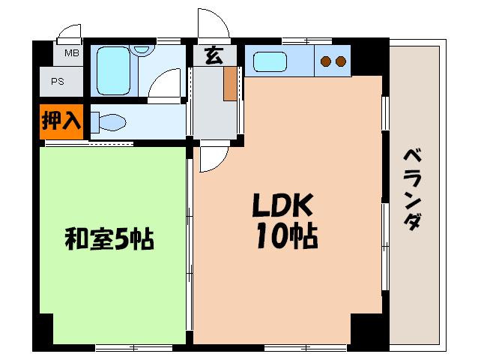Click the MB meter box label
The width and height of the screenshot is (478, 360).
[72, 53]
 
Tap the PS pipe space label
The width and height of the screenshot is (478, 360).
[57, 82]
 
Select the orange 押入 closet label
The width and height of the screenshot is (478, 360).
[61, 121]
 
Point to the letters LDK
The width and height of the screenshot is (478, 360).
[282, 205]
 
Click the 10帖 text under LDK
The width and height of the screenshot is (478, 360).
[287, 236]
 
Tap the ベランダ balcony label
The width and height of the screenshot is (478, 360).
[413, 189]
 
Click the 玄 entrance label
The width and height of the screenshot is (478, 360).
[214, 55]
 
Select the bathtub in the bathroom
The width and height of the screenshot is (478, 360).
[113, 70]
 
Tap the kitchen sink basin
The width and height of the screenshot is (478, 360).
[270, 62]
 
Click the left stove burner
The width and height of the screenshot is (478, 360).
[326, 61]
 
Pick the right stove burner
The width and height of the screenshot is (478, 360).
[341, 61]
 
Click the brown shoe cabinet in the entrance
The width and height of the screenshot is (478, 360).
[230, 83]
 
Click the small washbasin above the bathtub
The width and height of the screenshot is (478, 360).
[141, 50]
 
